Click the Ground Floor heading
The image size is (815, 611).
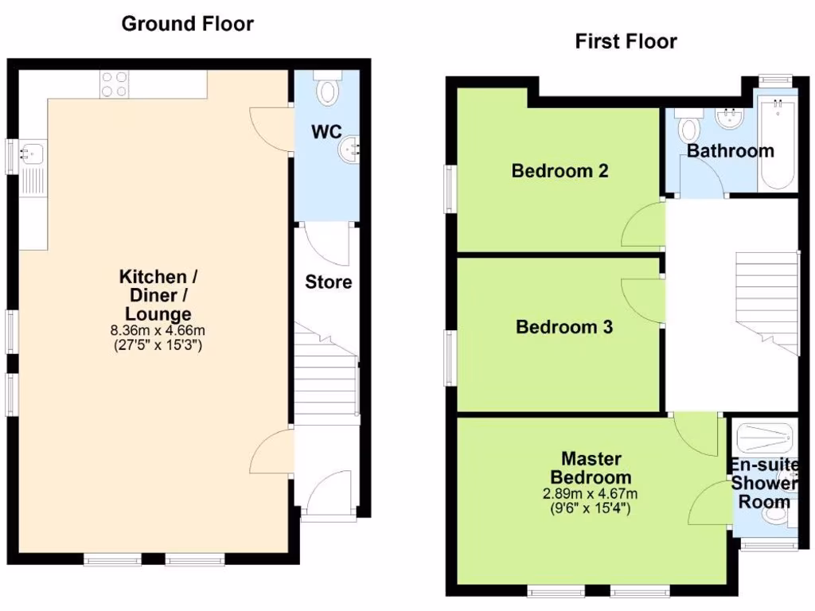(187, 24)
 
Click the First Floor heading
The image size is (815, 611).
(626, 41)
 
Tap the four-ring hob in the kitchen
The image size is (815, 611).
(114, 84)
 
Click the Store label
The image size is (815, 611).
(328, 282)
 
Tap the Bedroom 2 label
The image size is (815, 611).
(560, 170)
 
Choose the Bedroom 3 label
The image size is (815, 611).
(564, 327)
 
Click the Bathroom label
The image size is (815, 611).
(730, 151)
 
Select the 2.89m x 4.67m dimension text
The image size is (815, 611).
(591, 494)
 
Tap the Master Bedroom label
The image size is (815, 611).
(591, 468)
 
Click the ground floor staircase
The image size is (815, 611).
(326, 370)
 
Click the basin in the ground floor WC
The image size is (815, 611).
(351, 150)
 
